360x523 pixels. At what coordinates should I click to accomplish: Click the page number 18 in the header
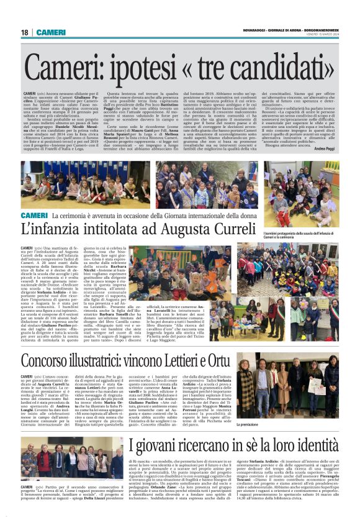click(x=25, y=32)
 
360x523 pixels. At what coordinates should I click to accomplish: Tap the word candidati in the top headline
click(x=286, y=70)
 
